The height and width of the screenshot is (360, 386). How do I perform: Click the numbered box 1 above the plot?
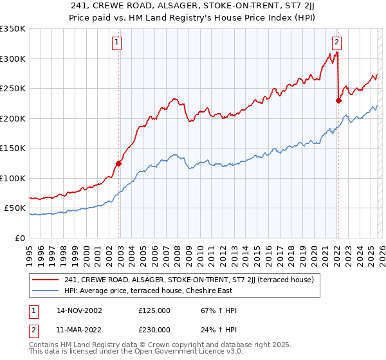117,43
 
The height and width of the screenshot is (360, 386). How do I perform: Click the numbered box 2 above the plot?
336,43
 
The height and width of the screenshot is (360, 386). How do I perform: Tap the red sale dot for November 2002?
119,163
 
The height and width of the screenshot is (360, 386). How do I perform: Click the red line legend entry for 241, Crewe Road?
188,280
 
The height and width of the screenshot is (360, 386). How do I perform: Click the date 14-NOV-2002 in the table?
79,310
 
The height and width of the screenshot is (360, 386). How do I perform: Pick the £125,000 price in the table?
154,310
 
